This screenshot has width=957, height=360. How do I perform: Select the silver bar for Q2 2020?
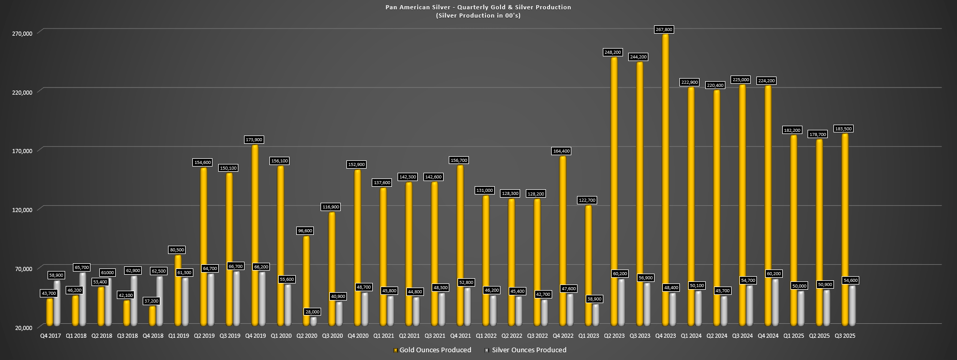314,321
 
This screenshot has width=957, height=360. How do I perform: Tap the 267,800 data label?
665,29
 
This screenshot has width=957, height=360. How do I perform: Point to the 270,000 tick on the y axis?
22,33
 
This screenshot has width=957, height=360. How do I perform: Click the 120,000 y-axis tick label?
22,209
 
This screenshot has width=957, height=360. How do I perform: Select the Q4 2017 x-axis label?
51,336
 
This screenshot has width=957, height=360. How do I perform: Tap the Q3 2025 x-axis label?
845,336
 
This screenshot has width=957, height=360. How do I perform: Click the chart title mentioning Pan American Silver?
478,7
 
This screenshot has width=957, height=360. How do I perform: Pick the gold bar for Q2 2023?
614,191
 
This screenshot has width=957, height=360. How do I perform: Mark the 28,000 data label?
312,312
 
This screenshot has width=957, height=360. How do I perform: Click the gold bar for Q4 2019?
255,235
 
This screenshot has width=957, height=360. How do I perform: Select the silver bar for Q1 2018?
83,299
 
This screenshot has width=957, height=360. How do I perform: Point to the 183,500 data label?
845,129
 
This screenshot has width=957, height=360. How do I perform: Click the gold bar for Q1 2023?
588,265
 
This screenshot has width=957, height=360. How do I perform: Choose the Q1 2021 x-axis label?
384,336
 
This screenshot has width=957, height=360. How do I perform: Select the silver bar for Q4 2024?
774,303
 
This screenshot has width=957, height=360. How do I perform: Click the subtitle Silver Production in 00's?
478,16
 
